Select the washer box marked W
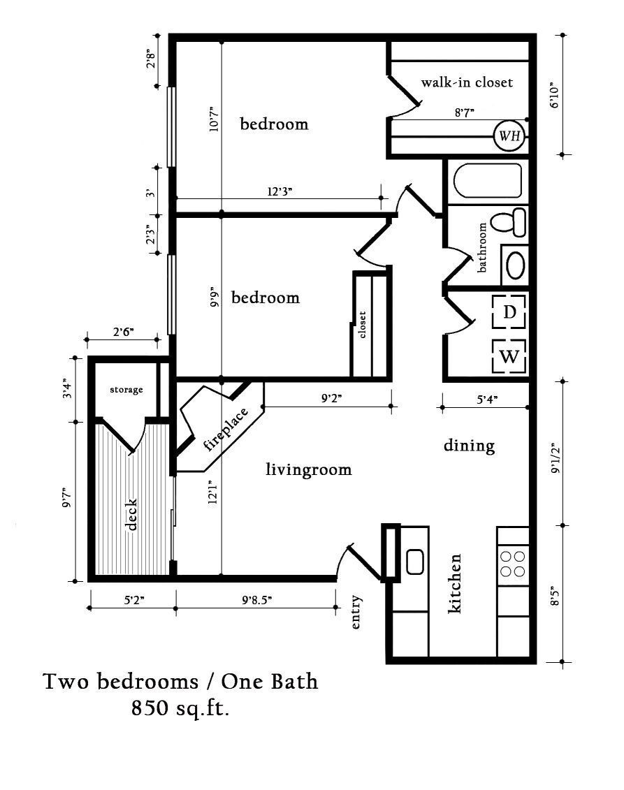tap(509, 357)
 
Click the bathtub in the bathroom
tap(488, 181)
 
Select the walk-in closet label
tap(467, 82)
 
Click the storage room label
tap(126, 390)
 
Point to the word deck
tap(133, 514)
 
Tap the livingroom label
tap(309, 469)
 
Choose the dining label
tap(469, 445)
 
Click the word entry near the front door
tap(356, 613)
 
